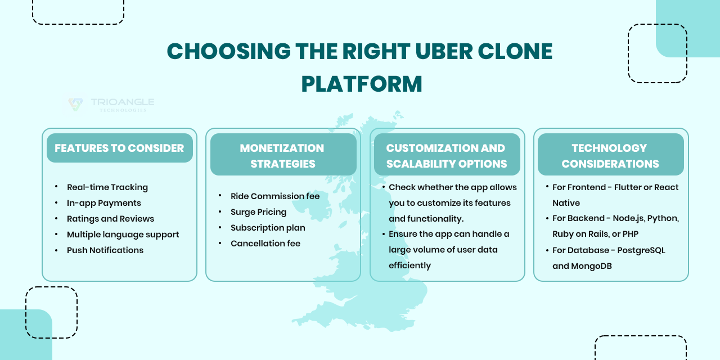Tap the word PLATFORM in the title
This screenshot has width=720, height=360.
362,84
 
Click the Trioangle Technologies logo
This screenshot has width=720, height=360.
110,104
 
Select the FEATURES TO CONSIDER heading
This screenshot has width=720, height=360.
119,148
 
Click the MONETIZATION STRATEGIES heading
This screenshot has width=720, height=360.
282,156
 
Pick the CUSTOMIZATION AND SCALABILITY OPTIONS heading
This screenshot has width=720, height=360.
446,156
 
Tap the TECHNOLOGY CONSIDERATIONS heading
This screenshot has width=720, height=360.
610,156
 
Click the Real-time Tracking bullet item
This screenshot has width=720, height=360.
107,187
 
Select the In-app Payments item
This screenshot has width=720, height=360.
103,203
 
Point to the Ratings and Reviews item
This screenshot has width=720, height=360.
110,219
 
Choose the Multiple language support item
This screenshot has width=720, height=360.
123,235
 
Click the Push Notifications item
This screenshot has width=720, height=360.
105,250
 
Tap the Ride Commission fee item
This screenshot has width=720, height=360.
274,196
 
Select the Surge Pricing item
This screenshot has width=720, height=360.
258,212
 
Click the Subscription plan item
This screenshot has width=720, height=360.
268,228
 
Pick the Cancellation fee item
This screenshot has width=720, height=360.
265,244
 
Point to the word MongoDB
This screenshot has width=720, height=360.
591,266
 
